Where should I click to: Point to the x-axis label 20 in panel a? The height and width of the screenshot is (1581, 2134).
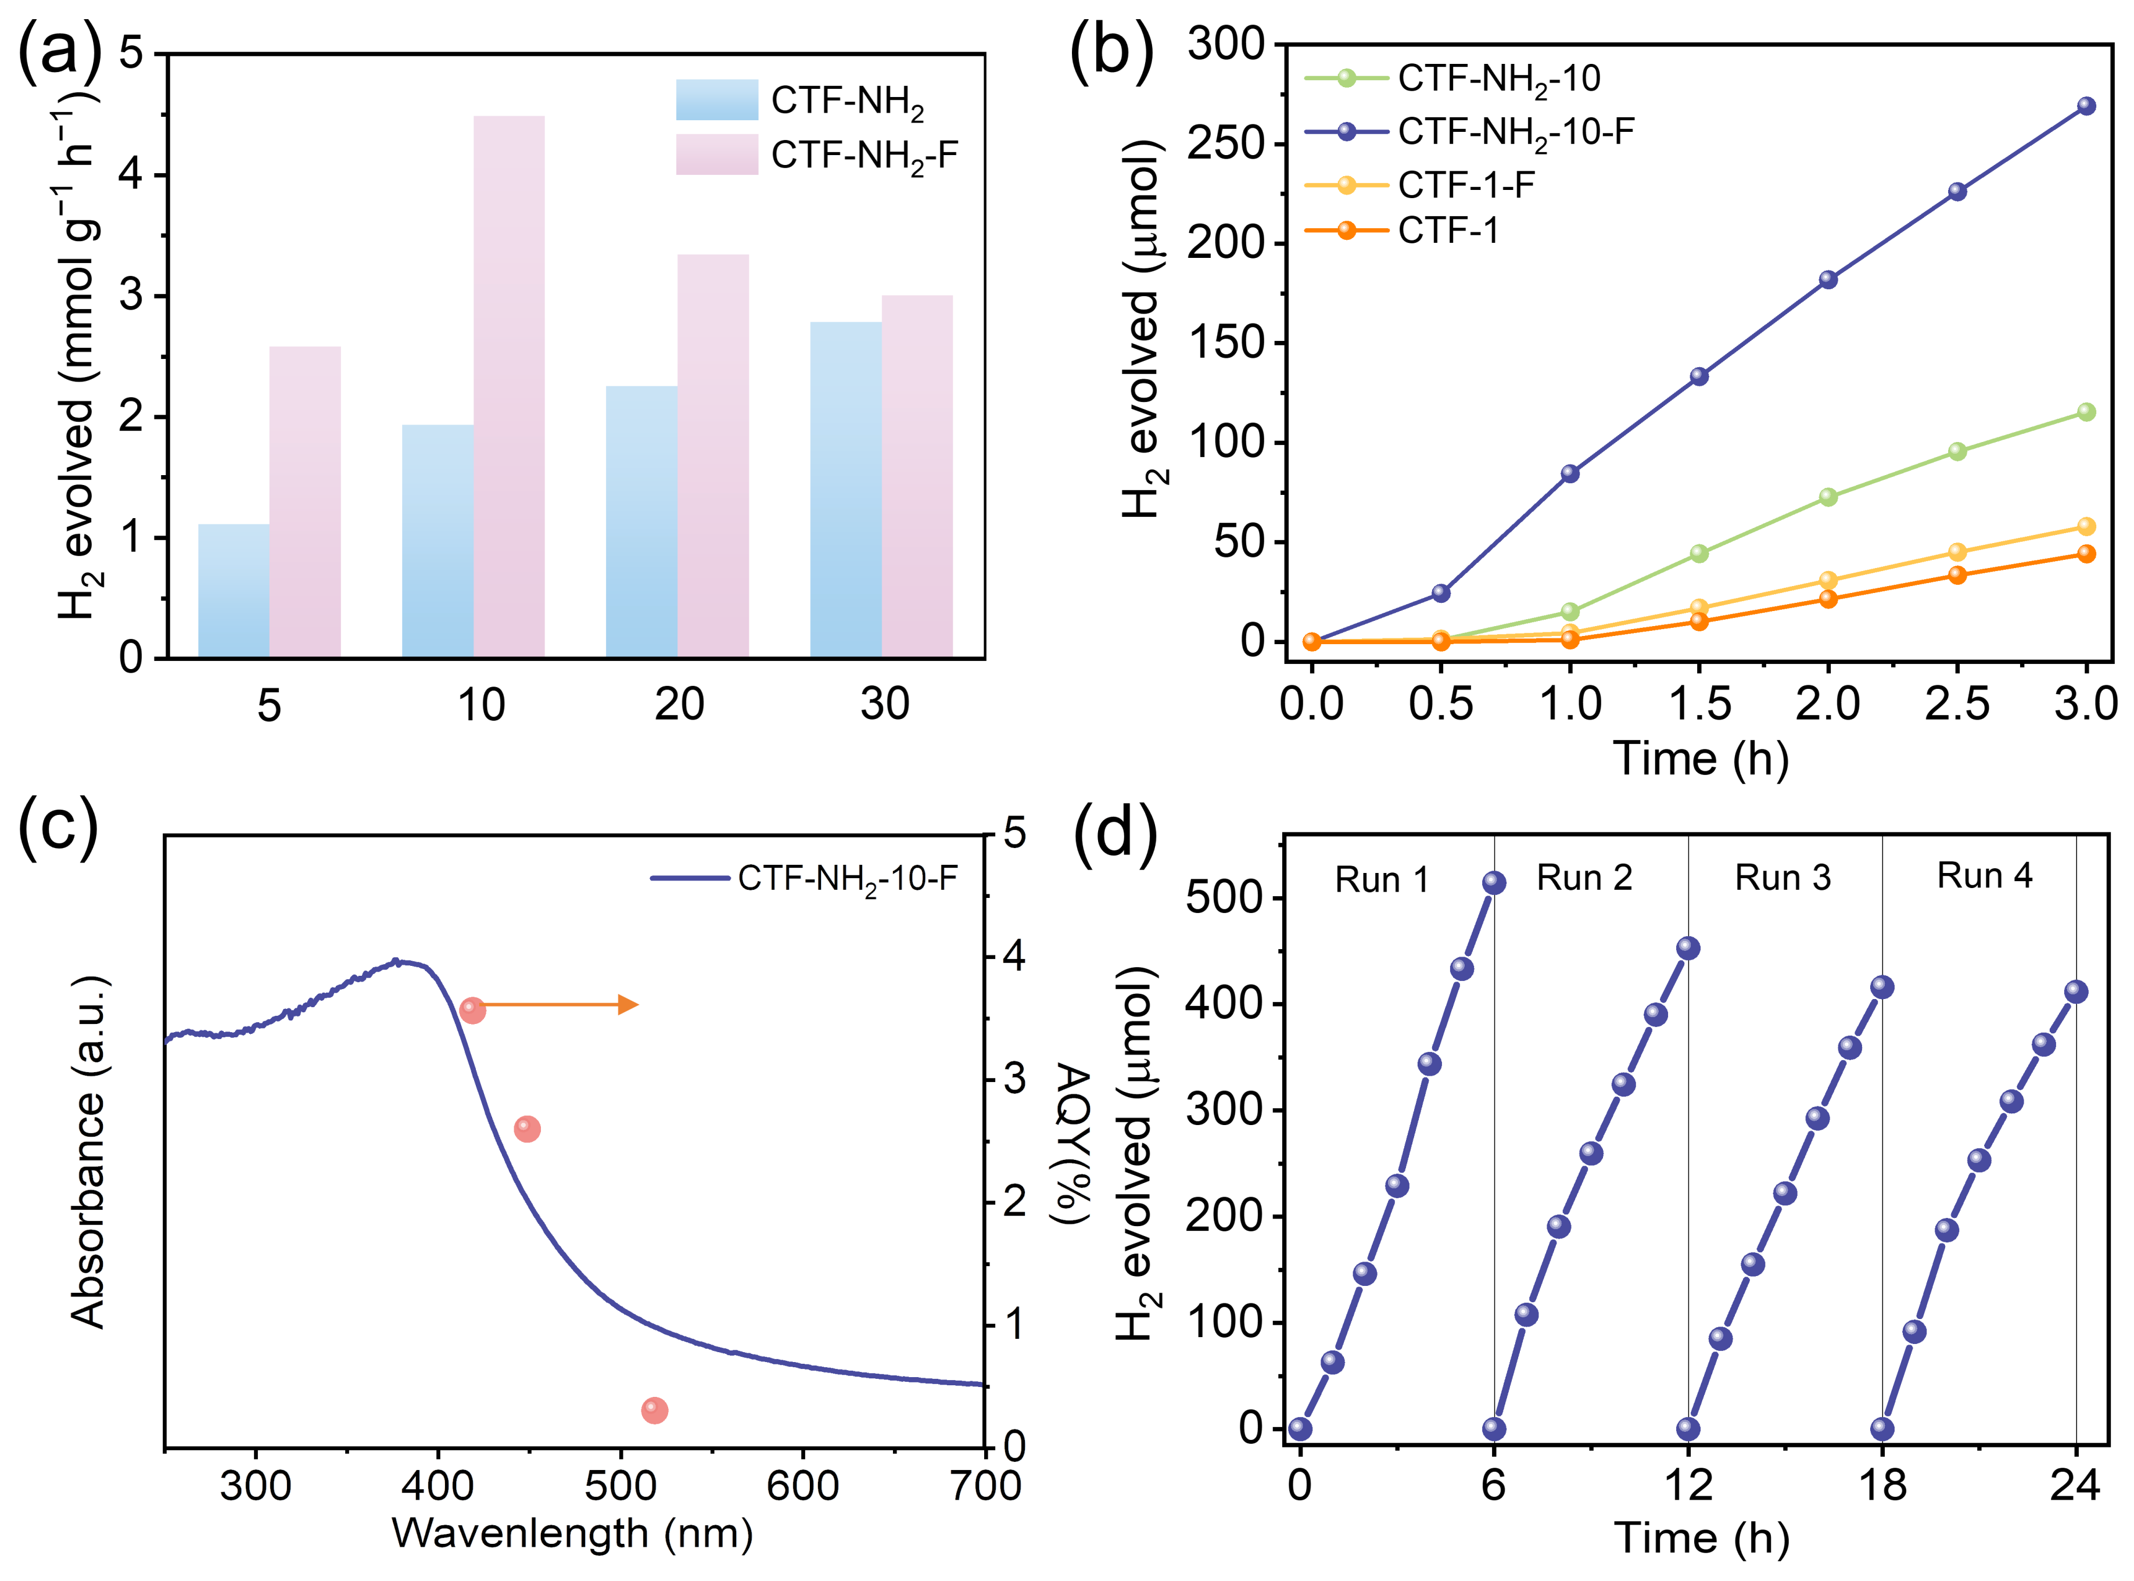pos(679,705)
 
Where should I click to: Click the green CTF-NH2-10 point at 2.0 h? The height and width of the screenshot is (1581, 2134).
pos(1828,497)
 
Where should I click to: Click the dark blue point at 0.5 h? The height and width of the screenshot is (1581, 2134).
pos(1440,594)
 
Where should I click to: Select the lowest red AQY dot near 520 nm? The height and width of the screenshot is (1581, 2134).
pos(654,1411)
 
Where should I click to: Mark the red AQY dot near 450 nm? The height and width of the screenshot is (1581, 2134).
pos(526,1129)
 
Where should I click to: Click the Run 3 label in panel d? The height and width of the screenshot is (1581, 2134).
pos(1782,878)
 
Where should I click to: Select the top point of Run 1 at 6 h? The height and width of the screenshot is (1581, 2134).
pos(1494,882)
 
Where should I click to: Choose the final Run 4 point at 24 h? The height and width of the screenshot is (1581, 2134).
pos(2075,991)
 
